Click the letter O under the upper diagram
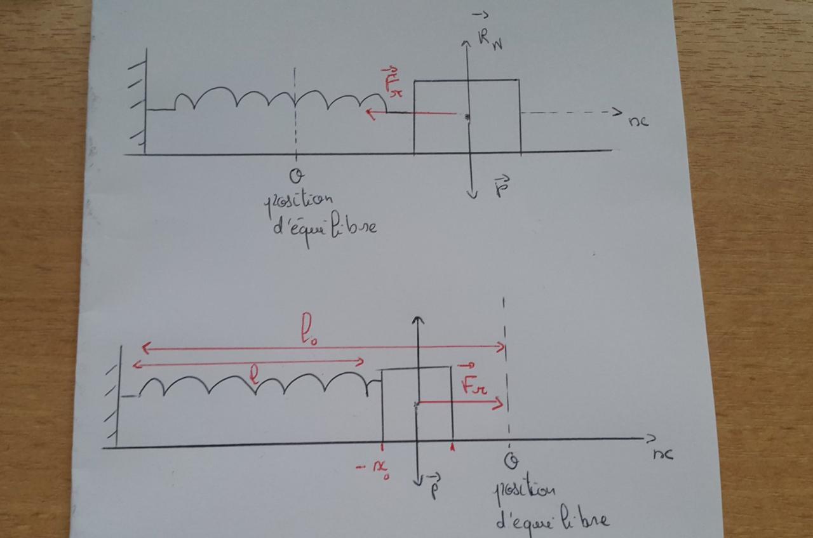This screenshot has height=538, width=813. click(295, 175)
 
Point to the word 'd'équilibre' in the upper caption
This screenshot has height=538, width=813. click(324, 225)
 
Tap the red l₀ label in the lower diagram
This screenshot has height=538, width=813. click(308, 333)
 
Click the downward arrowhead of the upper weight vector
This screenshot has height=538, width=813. click(471, 193)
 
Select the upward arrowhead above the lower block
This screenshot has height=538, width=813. click(417, 319)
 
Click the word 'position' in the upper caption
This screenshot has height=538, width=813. click(299, 204)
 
